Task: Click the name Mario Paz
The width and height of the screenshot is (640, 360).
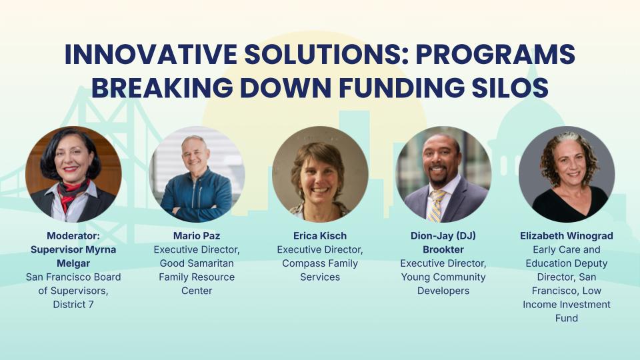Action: click(x=197, y=235)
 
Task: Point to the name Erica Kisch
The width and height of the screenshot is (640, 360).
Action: click(x=320, y=235)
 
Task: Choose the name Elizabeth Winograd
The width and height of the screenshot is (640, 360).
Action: click(x=567, y=235)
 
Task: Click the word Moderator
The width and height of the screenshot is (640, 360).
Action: click(x=73, y=235)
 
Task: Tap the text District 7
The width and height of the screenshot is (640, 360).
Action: click(x=73, y=305)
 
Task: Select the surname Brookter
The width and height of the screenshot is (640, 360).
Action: click(x=443, y=249)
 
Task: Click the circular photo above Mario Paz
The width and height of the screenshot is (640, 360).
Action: click(x=197, y=174)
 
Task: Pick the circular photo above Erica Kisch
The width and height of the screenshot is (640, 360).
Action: click(x=320, y=174)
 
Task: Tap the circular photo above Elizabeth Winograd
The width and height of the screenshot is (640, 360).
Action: click(x=567, y=174)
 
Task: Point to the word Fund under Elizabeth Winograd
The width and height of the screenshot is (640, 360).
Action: click(x=567, y=318)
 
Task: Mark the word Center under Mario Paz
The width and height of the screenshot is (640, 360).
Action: click(x=197, y=291)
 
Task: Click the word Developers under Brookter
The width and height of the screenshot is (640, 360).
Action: click(x=443, y=291)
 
